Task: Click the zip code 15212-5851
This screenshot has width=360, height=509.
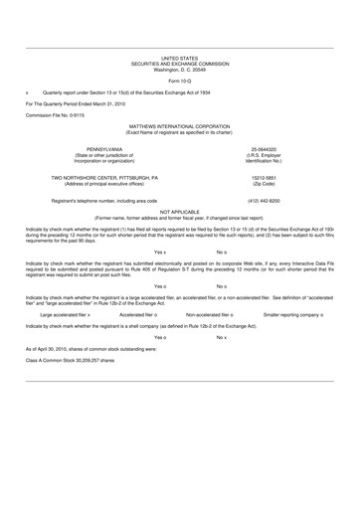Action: pos(298,178)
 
